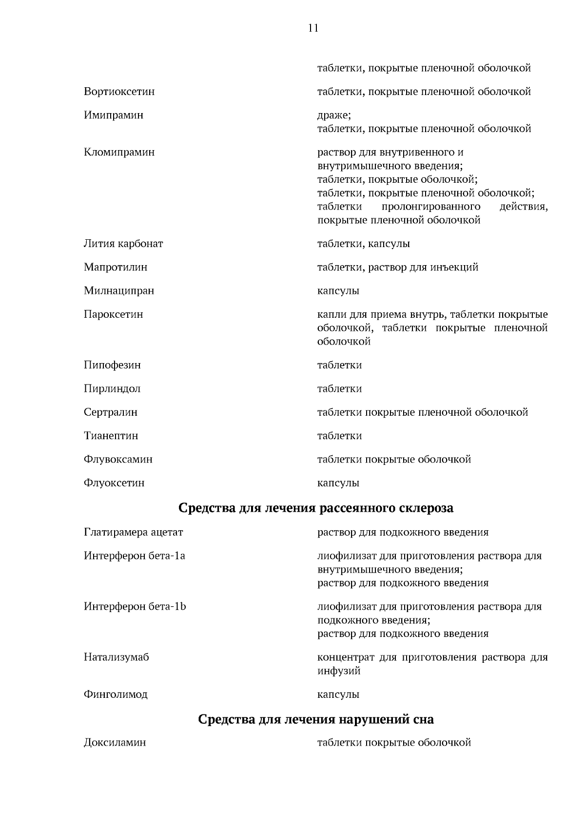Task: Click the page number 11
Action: pos(313,28)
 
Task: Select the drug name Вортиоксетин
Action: pos(119,92)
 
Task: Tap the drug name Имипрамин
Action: pos(114,115)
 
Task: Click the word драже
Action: pos(333,115)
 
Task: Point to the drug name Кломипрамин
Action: pos(119,152)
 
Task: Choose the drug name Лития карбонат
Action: pos(123,244)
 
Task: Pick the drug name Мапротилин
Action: pos(116,267)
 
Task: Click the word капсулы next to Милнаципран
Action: pos(338,291)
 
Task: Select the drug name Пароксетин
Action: pos(114,314)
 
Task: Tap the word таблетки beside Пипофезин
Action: pos(339,365)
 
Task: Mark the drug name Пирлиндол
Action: pos(112,389)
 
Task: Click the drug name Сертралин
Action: pos(111,412)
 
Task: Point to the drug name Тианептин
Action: pos(111,436)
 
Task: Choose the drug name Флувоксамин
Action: pos(118,460)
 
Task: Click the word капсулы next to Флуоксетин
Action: pos(338,483)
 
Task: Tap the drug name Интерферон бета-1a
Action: pos(135,556)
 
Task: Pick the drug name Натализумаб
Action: pos(117,657)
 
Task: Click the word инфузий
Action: pos(339,671)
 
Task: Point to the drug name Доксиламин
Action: pos(115,743)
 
